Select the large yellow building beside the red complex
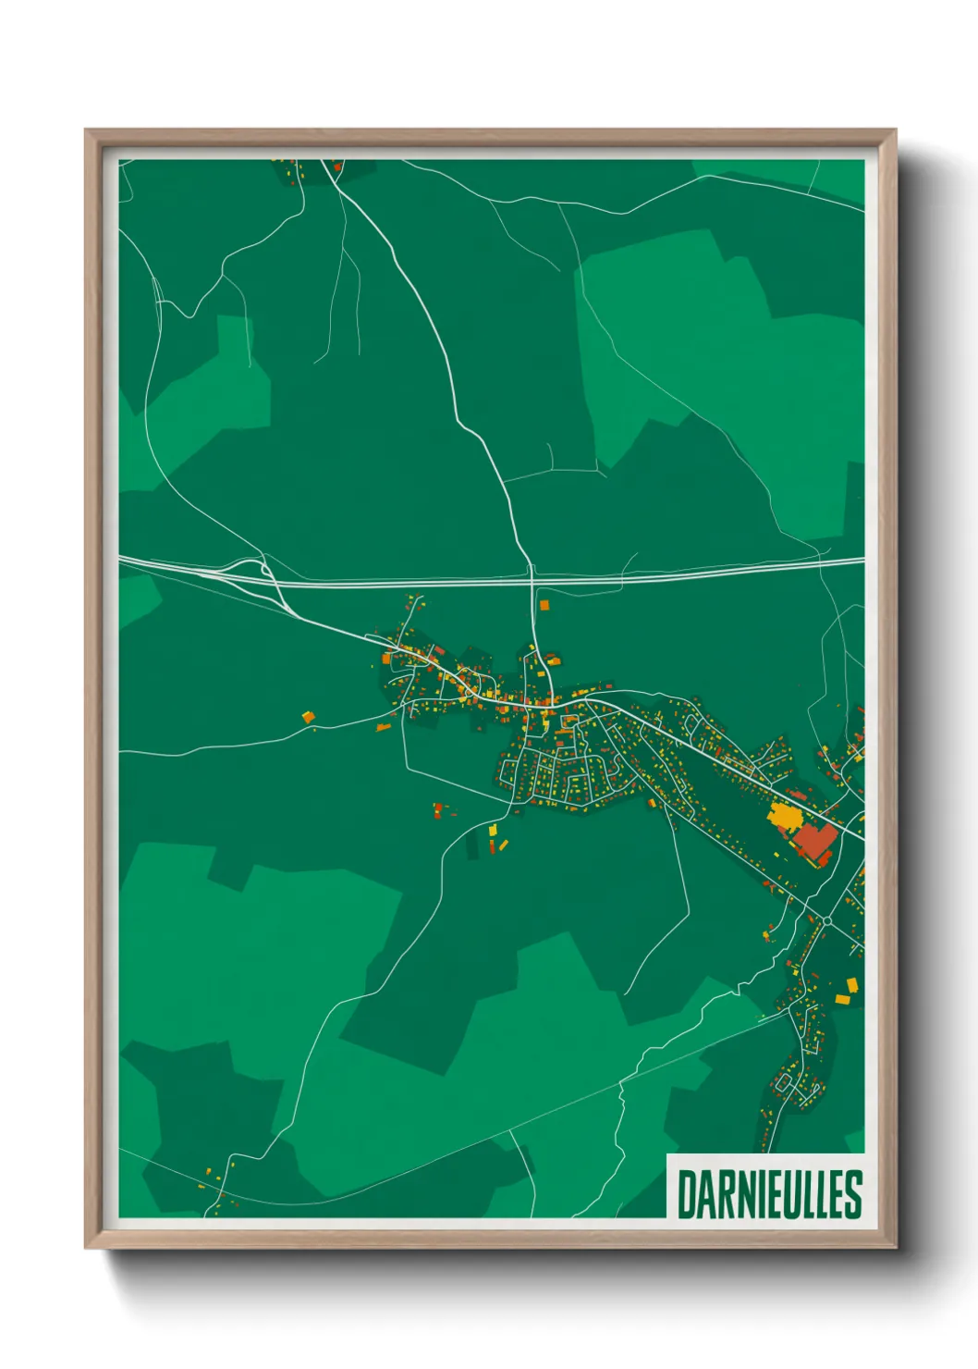point(784,817)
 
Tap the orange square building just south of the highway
point(544,605)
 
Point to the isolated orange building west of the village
point(308,716)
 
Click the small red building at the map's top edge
point(337,167)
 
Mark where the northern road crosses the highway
point(532,579)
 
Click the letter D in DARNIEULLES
point(688,1194)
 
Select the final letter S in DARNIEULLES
point(853,1194)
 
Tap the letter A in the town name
point(705,1194)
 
